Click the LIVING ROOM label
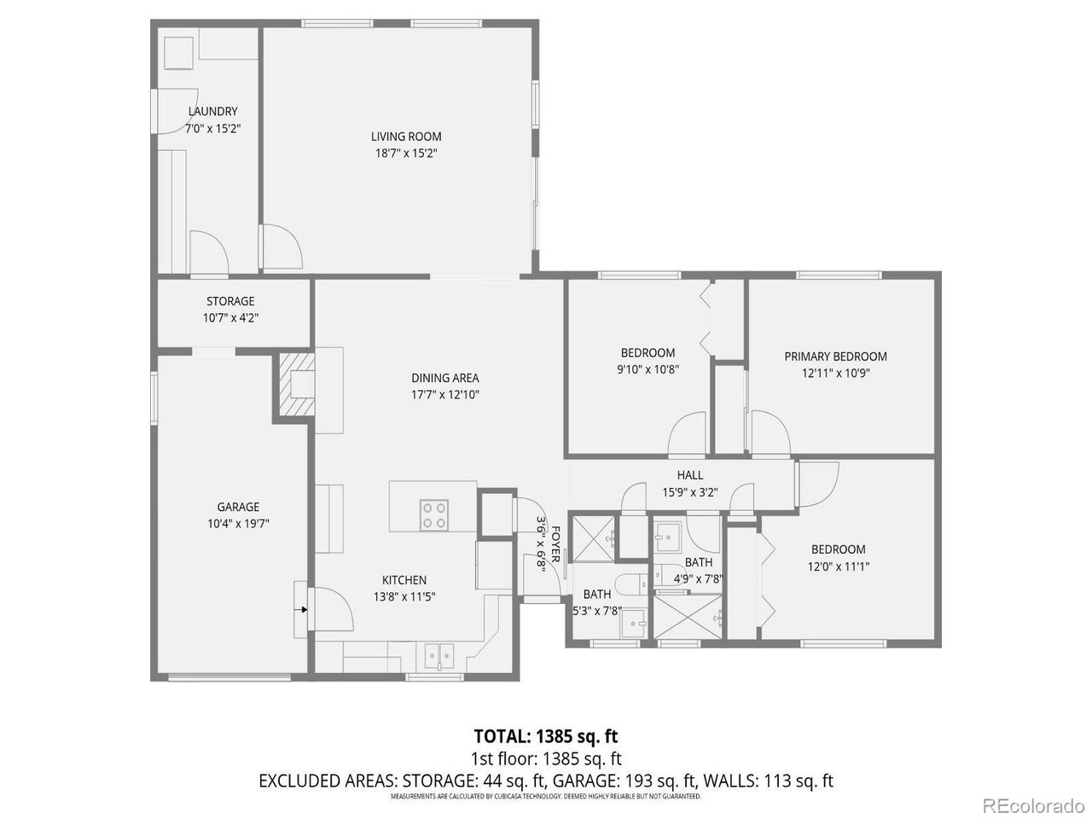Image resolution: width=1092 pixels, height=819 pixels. pos(406,136)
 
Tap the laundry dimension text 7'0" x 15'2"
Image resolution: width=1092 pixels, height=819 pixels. pos(213,129)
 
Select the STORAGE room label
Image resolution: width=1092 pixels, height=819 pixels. pos(230,301)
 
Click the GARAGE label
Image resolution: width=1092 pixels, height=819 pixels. pos(238,507)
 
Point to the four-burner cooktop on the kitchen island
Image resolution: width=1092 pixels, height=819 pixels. pos(434,514)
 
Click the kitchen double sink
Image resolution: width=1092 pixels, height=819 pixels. pos(439,656)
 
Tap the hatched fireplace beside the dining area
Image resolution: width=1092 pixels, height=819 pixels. pos(297,384)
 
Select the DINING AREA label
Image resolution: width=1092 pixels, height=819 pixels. pos(445,378)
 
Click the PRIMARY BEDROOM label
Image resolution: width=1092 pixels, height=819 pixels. pos(835,357)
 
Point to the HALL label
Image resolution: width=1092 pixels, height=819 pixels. pos(690,475)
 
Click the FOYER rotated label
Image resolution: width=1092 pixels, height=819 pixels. pos(555,544)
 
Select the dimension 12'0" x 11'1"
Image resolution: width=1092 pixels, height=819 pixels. pos(839,566)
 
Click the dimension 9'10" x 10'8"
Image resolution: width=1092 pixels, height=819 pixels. pos(648,369)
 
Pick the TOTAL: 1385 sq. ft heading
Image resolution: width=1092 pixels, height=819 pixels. pos(546,736)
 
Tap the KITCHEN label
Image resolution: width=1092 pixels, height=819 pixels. pos(404,580)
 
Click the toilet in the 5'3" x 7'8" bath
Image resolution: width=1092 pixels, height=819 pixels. pos(630,583)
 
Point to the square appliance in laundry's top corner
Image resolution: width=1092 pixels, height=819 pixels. pos(178,53)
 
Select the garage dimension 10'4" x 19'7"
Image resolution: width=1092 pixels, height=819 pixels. pos(238,524)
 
